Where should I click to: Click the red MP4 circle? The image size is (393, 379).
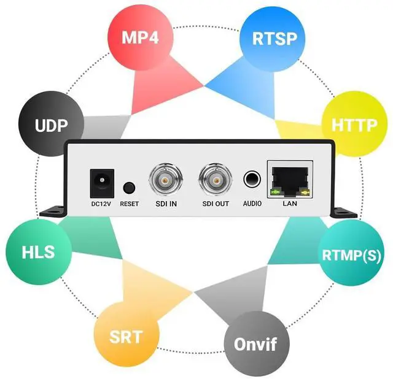pyautogui.click(x=139, y=37)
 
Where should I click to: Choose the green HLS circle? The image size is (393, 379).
pyautogui.click(x=38, y=252)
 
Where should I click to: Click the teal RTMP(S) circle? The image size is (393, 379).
pyautogui.click(x=352, y=255)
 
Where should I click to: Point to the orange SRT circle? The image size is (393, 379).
pyautogui.click(x=126, y=336)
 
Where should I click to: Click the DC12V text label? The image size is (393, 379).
pyautogui.click(x=101, y=204)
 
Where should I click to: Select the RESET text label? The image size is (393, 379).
pyautogui.click(x=130, y=204)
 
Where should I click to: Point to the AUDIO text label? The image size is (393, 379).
pyautogui.click(x=252, y=204)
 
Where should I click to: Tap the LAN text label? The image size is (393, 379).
pyautogui.click(x=289, y=204)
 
